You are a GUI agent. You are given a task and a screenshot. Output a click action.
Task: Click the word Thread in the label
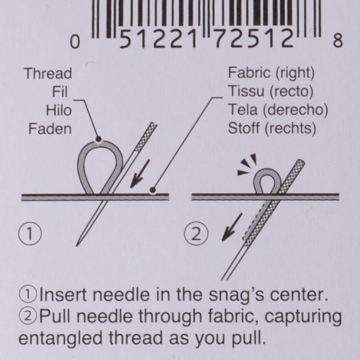48,74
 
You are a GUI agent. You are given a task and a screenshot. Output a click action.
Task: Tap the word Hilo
59,110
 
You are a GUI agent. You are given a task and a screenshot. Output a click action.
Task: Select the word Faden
50,129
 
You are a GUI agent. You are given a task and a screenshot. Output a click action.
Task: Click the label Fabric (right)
271,73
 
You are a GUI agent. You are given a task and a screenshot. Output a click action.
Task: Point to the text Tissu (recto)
270,91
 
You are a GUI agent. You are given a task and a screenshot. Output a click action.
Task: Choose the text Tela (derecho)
278,110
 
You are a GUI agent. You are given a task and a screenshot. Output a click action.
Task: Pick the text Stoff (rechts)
272,128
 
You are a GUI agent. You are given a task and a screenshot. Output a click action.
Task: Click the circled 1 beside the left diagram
30,234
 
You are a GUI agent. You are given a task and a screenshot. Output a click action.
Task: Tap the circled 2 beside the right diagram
196,234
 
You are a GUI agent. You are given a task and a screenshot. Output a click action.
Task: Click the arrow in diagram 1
140,174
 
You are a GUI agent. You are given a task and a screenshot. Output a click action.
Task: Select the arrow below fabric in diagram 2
232,227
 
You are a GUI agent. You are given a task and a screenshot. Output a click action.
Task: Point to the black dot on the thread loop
99,139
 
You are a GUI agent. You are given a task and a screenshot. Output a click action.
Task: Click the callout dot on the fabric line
152,190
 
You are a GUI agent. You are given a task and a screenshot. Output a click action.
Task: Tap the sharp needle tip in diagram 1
76,246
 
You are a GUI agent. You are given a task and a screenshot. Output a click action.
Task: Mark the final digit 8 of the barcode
338,41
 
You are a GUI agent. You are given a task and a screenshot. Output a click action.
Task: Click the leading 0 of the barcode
75,42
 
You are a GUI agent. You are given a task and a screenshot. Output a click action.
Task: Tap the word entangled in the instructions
60,339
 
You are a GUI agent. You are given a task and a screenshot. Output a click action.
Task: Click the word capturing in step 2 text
303,317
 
